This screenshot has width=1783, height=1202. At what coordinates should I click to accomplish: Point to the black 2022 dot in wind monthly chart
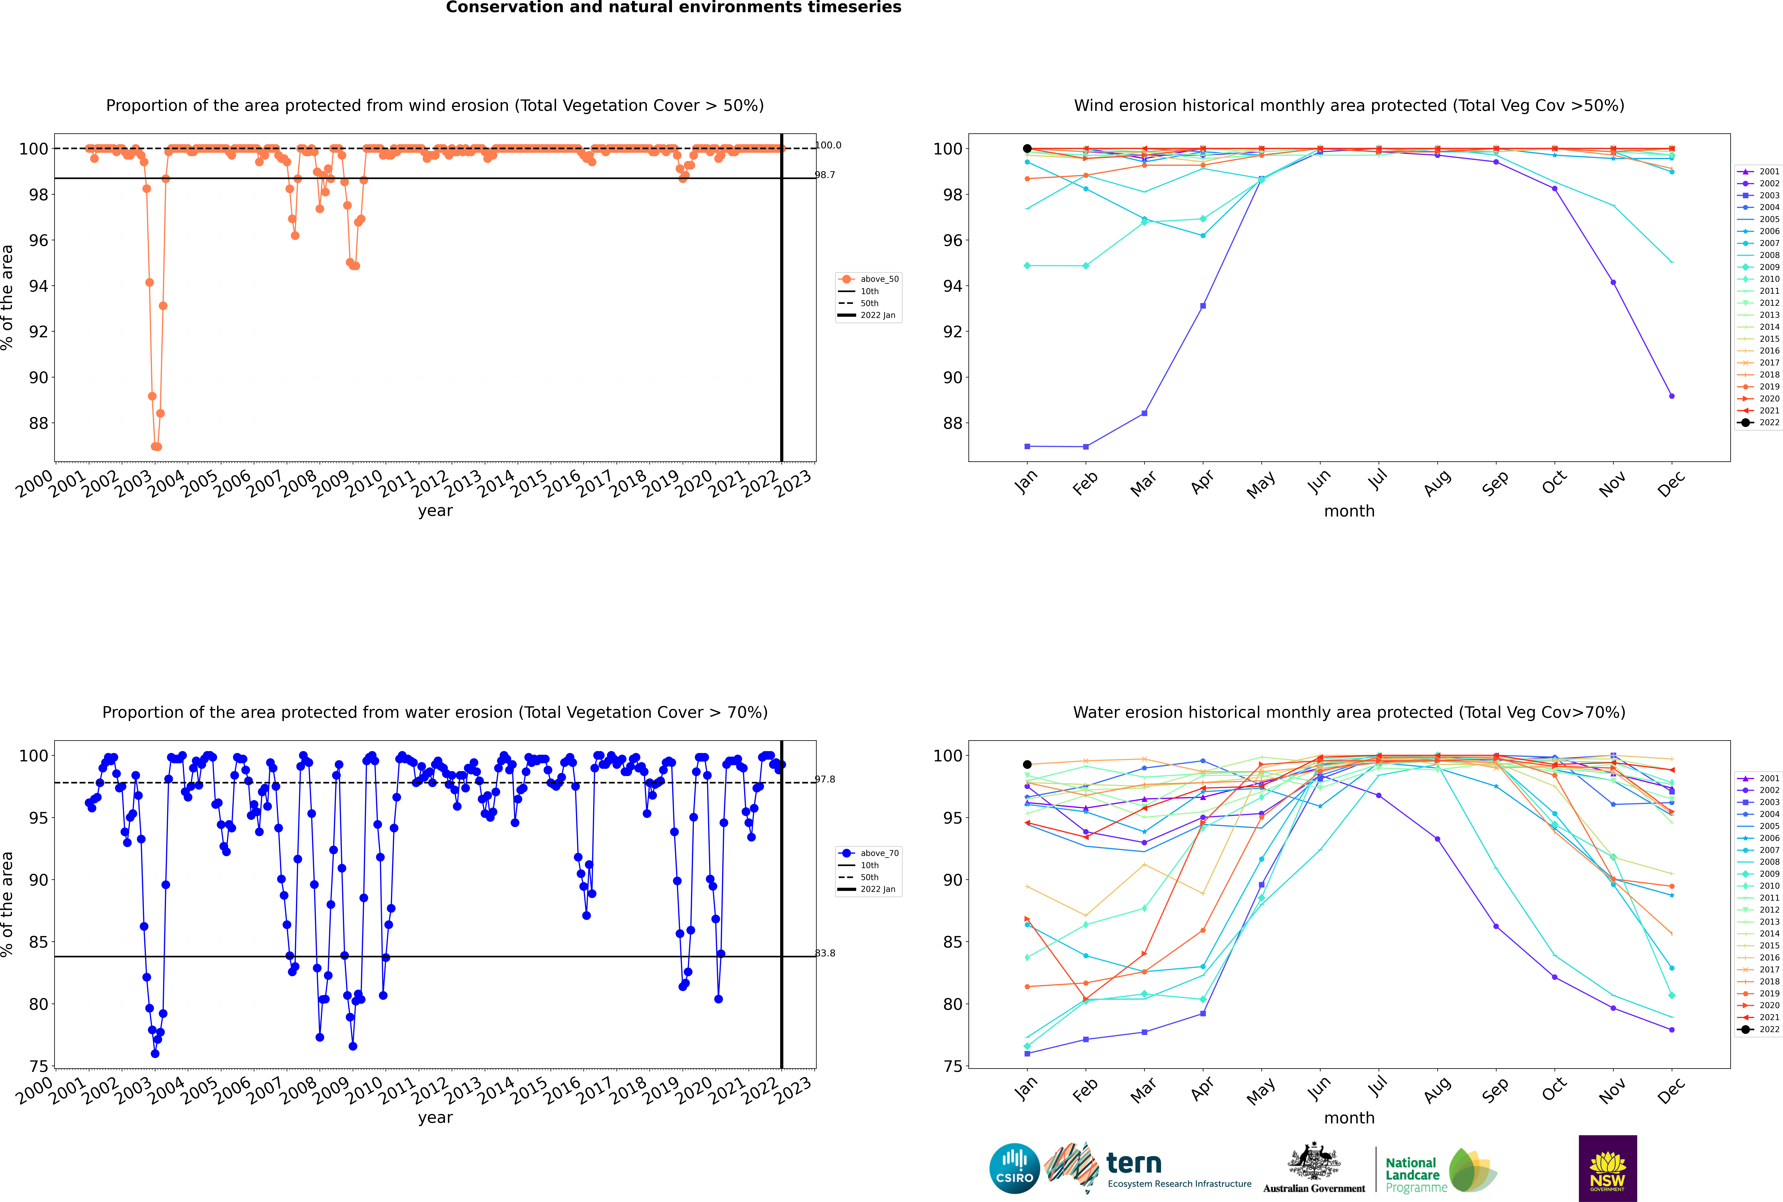pos(1027,149)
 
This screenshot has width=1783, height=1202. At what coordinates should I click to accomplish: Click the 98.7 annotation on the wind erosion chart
pos(825,175)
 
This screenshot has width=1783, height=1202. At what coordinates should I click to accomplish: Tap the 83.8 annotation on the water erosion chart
pos(825,953)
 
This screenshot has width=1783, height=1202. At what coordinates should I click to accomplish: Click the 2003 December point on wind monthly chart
pos(1672,396)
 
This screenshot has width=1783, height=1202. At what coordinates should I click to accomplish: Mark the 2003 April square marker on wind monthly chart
pos(1203,306)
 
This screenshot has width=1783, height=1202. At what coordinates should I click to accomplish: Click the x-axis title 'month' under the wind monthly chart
pos(1349,511)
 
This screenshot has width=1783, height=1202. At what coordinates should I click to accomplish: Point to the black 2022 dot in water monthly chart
pos(1027,764)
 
